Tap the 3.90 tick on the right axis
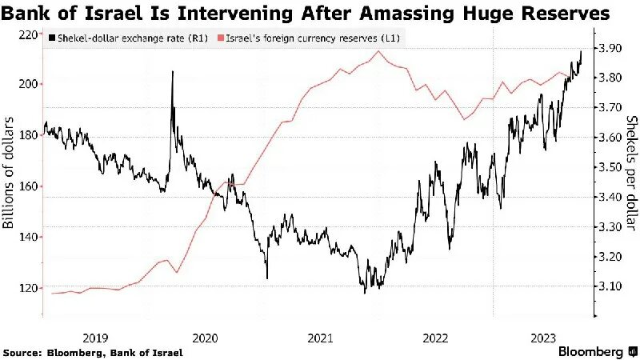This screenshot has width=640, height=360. tap(611, 49)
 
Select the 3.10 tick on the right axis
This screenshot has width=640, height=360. tap(611, 286)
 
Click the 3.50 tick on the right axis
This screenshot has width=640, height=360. tap(611, 167)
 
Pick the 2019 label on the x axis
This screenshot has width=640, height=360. tap(95, 338)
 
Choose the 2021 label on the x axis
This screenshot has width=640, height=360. tap(319, 338)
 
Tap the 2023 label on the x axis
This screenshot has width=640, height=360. tap(543, 338)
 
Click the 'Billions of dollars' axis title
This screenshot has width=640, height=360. tap(10, 172)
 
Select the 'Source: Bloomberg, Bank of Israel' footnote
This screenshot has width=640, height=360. tap(93, 352)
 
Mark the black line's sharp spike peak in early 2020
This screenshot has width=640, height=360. tap(172, 72)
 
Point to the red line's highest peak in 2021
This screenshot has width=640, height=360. tap(378, 52)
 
